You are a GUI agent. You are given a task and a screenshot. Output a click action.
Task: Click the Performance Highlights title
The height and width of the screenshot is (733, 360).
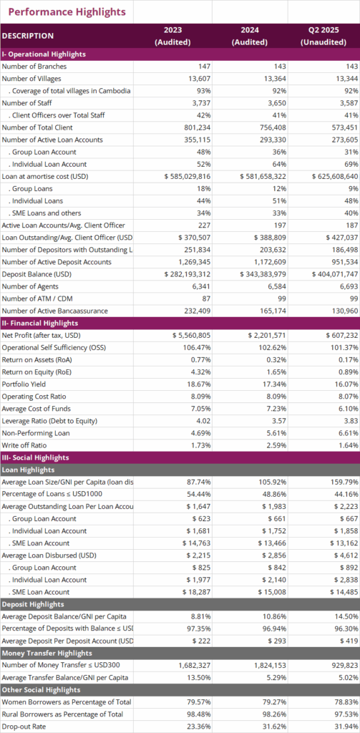[x=67, y=11]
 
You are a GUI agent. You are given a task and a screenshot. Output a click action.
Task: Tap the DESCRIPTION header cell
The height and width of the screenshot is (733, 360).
[x=28, y=36]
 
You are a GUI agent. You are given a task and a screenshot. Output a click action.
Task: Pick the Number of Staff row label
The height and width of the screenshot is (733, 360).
[x=26, y=103]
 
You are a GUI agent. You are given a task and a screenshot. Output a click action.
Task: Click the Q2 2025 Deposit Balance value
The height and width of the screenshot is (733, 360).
[x=335, y=274]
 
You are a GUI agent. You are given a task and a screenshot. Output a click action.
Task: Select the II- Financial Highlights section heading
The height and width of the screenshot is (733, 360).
[x=40, y=323]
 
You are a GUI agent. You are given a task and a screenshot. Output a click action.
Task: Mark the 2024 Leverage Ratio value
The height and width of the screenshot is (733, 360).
[x=280, y=421]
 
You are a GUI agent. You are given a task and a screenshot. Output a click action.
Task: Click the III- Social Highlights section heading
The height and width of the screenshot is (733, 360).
[x=36, y=457]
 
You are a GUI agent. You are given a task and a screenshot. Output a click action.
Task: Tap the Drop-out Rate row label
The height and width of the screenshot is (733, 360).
[x=22, y=726]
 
